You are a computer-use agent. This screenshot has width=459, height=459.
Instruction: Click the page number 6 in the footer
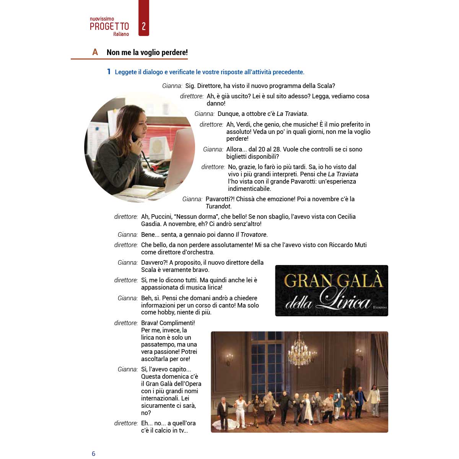tap(93, 454)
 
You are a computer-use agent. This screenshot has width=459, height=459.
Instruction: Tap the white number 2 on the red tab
tap(144, 26)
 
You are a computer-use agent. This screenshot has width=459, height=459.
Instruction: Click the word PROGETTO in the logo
tap(109, 26)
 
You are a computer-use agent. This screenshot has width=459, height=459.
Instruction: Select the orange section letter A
tap(95, 52)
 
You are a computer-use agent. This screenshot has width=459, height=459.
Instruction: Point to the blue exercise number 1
tap(109, 72)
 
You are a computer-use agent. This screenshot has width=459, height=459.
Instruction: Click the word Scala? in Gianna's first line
tap(326, 86)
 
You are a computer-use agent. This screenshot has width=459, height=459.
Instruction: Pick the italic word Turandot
tap(218, 206)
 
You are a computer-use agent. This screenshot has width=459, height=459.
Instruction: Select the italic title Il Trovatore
tap(251, 234)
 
